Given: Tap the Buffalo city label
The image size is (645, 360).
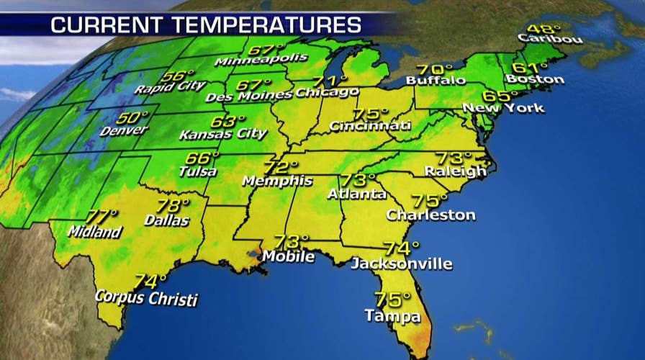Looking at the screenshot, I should click(x=436, y=80).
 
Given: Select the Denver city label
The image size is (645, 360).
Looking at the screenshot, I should click(x=125, y=131).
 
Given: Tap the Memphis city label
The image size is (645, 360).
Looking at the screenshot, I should click(x=277, y=181).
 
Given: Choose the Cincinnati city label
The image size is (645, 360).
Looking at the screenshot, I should click(x=370, y=126).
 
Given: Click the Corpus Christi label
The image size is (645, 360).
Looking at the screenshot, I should click(x=147, y=299).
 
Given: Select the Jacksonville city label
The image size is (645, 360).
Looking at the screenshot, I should click(x=401, y=264).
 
